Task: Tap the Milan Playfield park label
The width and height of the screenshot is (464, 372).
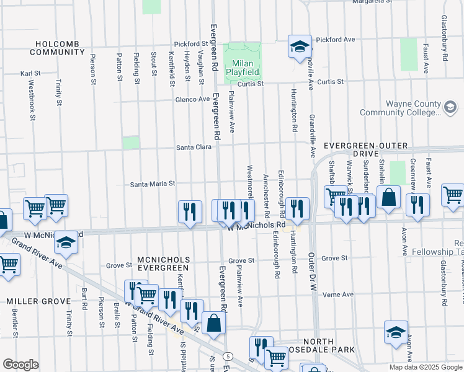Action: click(x=242, y=68)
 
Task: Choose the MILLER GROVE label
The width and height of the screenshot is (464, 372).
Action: click(x=38, y=301)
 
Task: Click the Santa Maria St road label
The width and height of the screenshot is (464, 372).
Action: click(x=153, y=184)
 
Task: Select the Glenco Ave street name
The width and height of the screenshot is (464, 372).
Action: click(x=192, y=99)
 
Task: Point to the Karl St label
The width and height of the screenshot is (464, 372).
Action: click(x=30, y=73)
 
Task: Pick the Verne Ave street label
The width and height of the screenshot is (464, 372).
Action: click(x=337, y=294)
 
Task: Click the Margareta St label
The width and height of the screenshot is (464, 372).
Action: click(x=373, y=2)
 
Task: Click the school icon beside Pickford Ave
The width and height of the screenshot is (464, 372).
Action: click(x=299, y=46)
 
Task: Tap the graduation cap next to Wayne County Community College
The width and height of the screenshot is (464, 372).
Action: click(x=449, y=108)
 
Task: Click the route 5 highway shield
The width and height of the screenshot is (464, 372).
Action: click(x=229, y=356)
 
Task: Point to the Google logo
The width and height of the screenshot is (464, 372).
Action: click(x=20, y=365)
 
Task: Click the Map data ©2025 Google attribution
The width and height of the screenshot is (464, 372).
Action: click(x=425, y=367)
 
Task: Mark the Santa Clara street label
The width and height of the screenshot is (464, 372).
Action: click(x=194, y=147)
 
